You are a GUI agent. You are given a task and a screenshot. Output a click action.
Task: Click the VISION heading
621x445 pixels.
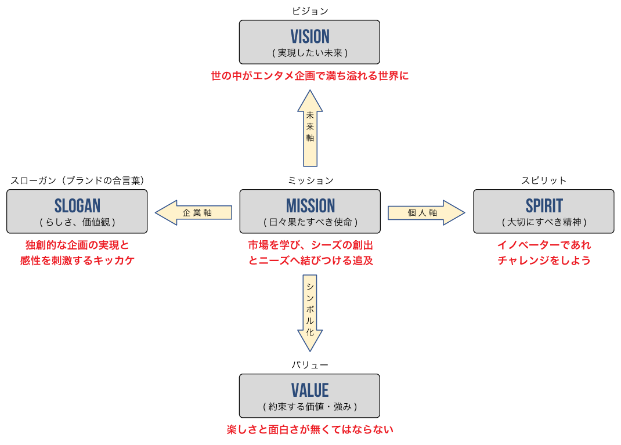click(309, 37)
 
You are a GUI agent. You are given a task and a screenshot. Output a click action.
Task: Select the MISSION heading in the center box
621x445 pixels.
click(310, 206)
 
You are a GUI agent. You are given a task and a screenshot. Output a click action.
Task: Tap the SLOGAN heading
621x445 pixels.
click(77, 206)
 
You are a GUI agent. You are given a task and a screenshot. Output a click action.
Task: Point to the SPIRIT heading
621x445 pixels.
click(544, 206)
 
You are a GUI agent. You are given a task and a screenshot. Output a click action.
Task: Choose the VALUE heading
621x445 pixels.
click(309, 390)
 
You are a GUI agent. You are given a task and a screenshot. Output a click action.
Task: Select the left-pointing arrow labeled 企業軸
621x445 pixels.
click(194, 213)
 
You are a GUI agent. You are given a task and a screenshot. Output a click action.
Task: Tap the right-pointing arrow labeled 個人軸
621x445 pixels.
click(426, 213)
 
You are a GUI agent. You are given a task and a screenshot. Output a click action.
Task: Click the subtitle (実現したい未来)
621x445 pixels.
click(309, 53)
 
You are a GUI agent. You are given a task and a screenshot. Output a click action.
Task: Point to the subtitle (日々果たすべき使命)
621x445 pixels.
click(310, 222)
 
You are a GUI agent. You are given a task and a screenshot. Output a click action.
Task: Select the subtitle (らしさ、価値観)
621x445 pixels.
click(77, 222)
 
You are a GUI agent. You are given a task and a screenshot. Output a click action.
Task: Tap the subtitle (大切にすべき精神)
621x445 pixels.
click(544, 222)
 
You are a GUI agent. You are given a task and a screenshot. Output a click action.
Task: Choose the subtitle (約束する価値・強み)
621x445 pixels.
click(309, 407)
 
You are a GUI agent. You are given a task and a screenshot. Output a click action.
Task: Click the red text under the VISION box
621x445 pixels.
click(310, 76)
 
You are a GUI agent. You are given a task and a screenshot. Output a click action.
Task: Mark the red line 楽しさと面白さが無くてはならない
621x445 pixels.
click(309, 430)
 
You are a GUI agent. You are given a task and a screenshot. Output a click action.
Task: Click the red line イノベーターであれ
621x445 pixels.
click(544, 245)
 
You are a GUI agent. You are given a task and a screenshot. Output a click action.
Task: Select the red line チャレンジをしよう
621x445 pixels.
click(544, 261)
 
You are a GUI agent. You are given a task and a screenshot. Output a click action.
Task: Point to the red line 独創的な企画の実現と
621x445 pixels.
click(77, 245)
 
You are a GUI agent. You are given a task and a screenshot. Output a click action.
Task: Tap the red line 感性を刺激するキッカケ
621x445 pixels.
click(77, 261)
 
